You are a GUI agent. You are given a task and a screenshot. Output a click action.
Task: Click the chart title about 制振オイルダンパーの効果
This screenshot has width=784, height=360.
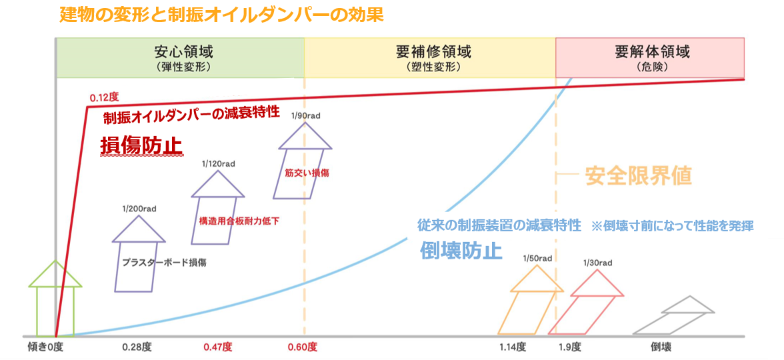click(221, 15)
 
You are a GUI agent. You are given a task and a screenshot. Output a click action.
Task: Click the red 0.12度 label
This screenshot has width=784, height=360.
click(104, 98)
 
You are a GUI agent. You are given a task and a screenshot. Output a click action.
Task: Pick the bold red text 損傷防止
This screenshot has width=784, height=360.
click(141, 145)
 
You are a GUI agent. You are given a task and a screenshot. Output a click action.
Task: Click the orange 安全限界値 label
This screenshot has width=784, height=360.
click(638, 175)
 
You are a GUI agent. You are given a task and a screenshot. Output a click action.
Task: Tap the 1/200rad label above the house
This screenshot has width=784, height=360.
click(139, 209)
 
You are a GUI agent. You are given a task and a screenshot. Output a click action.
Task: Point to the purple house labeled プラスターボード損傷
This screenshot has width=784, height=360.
click(139, 257)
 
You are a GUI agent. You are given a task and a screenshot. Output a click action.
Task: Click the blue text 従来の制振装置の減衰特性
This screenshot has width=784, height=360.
click(499, 225)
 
